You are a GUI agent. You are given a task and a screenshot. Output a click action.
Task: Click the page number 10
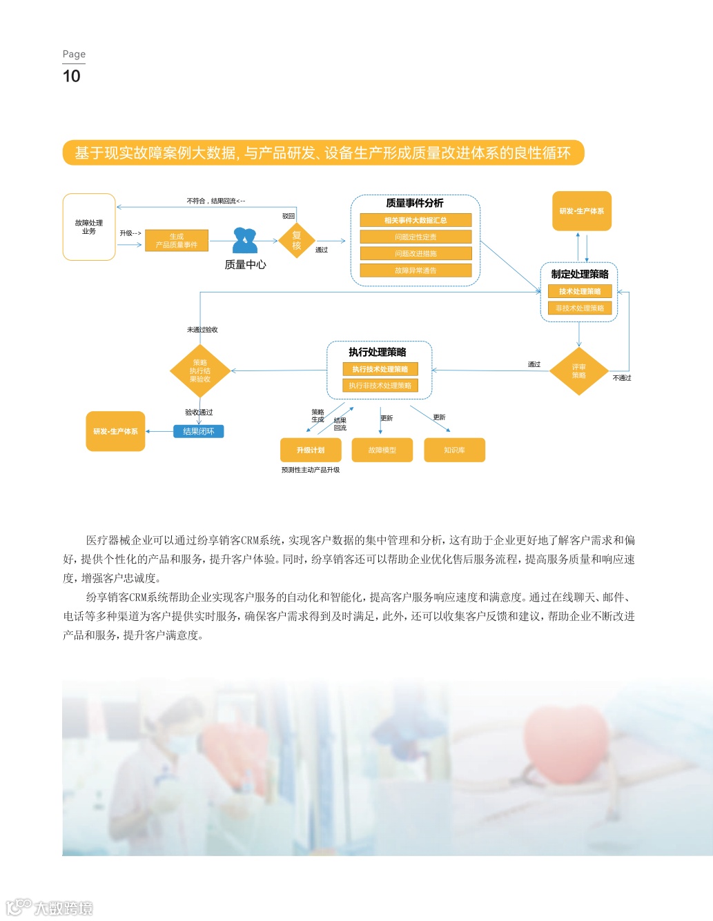(71, 76)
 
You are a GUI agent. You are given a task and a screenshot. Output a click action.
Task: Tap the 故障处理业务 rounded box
(89, 227)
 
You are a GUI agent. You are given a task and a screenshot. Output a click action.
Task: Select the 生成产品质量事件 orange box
(177, 241)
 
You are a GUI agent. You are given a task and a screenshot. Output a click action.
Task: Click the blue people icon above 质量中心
(245, 240)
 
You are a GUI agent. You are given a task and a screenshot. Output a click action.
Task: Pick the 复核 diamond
(297, 240)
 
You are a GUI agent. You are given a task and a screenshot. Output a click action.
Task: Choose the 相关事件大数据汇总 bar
(416, 220)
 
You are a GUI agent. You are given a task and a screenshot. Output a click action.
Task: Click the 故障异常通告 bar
(416, 270)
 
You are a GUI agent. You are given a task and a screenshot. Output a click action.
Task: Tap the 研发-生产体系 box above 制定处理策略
(582, 211)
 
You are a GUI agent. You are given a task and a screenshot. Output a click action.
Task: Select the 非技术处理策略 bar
(580, 308)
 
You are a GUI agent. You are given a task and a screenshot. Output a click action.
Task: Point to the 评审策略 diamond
(578, 371)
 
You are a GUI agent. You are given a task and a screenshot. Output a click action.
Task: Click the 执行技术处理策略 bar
(380, 369)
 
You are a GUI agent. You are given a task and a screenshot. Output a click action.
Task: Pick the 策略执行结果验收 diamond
(199, 370)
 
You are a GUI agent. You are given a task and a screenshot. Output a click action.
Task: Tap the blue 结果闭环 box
(199, 431)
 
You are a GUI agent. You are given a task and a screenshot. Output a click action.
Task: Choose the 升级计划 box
(311, 450)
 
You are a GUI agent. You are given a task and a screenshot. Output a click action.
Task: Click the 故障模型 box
(382, 450)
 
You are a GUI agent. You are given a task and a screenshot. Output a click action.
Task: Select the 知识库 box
(454, 450)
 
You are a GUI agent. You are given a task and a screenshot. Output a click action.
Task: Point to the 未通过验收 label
(202, 330)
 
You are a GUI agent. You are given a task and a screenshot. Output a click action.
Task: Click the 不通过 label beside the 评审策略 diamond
(622, 378)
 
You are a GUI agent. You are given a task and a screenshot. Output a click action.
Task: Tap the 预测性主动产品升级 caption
(311, 470)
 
